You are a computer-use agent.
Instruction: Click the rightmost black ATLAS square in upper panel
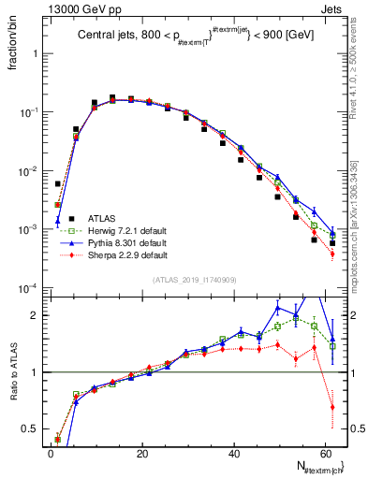tap(332, 243)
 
